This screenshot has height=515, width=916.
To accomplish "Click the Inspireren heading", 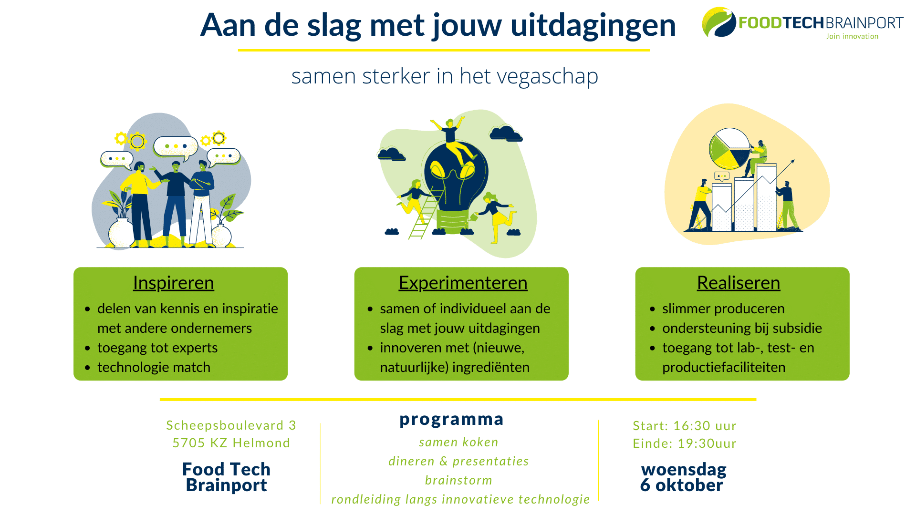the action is click(173, 283).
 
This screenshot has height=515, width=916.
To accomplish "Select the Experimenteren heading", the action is click(463, 283).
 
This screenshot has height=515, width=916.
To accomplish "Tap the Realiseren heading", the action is click(739, 283).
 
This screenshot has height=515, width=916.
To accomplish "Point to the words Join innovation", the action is click(853, 36).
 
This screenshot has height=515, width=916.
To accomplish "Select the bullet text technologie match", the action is click(154, 367).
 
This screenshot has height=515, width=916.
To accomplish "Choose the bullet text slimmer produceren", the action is click(723, 309).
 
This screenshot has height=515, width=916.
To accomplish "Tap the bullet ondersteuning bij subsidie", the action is click(742, 328).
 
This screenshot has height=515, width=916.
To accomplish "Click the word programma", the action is click(451, 419).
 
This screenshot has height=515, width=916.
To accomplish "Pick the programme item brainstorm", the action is click(458, 480).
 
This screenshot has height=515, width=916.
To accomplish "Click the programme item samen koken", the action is click(458, 442).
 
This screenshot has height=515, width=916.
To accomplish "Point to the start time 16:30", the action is click(688, 425).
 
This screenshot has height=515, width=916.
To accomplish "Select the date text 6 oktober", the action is click(681, 485).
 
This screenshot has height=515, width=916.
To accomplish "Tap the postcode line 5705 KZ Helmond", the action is click(231, 443).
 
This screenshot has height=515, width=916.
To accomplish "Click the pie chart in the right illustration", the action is click(729, 148).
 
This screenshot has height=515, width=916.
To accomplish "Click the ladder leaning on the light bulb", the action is click(426, 213).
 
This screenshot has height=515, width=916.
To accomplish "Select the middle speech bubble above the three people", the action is click(176, 148).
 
